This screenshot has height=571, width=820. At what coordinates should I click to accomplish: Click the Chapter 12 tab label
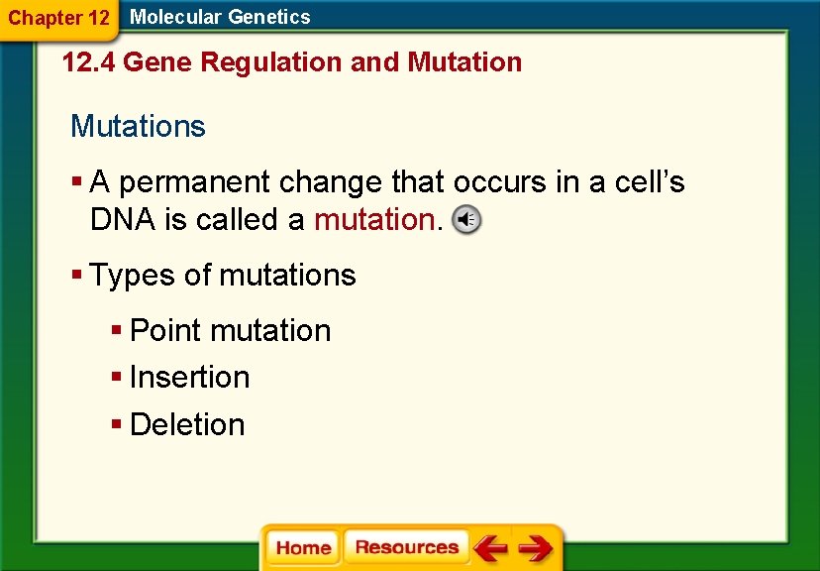[x=58, y=18]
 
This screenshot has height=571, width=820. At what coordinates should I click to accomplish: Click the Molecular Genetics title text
[x=220, y=17]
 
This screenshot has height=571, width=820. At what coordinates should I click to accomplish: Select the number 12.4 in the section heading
[x=87, y=62]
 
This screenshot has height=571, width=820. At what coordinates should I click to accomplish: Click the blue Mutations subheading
[x=138, y=127]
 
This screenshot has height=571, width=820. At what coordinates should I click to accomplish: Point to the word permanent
[x=196, y=183]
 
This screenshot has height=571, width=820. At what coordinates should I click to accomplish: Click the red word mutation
[x=374, y=220]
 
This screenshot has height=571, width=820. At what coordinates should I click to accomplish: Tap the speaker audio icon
[x=466, y=220]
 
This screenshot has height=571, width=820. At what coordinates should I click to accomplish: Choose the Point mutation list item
[x=230, y=331]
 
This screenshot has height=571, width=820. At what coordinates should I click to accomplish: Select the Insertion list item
[x=189, y=378]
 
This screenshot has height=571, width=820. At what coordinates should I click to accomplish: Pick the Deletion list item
[x=186, y=425]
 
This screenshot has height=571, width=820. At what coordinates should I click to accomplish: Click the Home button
[x=303, y=548]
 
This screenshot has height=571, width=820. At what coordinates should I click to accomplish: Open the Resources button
[x=406, y=548]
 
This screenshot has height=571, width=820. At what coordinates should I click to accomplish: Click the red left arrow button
[x=489, y=548]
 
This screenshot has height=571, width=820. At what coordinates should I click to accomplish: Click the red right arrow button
[x=535, y=548]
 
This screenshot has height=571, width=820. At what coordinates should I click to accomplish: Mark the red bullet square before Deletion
[x=117, y=425]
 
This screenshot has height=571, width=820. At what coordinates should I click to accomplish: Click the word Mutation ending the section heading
[x=464, y=62]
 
